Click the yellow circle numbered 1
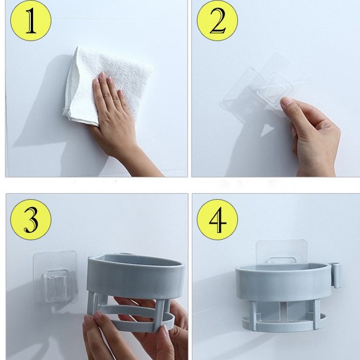click(x=31, y=21)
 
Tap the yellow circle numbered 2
click(x=217, y=21)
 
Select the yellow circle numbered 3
click(x=31, y=220)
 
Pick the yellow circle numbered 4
click(x=217, y=220)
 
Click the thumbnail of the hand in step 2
click(x=286, y=101)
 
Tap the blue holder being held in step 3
click(x=135, y=292)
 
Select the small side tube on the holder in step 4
click(x=337, y=276)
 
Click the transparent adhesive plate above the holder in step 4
click(x=282, y=252)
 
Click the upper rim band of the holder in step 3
click(x=136, y=276)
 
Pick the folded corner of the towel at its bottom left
click(x=67, y=112)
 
